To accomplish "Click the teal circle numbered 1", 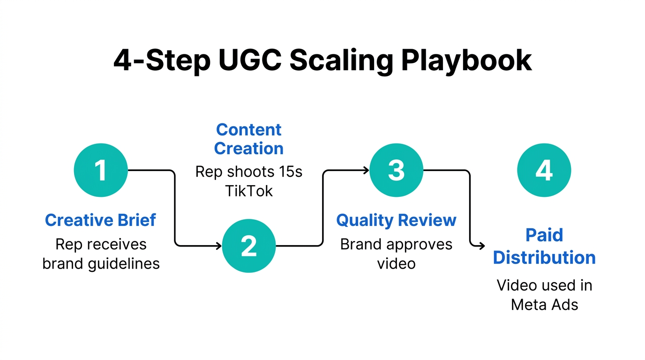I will [x=101, y=170].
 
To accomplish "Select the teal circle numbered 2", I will [x=248, y=245].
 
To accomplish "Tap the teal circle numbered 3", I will [x=396, y=170].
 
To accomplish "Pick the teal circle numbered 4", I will [x=544, y=170].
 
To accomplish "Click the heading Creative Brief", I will [x=100, y=220].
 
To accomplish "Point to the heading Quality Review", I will [x=396, y=220].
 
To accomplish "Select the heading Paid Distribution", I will [x=544, y=246].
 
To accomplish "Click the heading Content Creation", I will [x=249, y=139].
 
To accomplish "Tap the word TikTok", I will [x=248, y=191].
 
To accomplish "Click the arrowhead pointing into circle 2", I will [x=218, y=245].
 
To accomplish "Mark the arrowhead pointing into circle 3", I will [x=366, y=170].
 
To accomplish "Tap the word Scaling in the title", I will [x=341, y=60].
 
